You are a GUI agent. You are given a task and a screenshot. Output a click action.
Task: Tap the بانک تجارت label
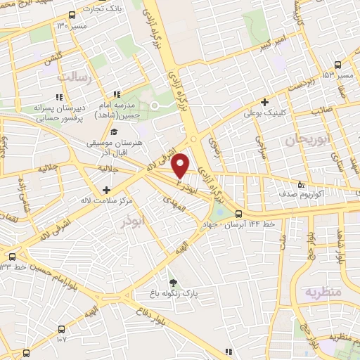click(x=97, y=8)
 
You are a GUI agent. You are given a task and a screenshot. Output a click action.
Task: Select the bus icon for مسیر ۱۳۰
click(x=72, y=15)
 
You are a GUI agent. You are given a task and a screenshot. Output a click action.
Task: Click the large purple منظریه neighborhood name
click(x=323, y=290)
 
